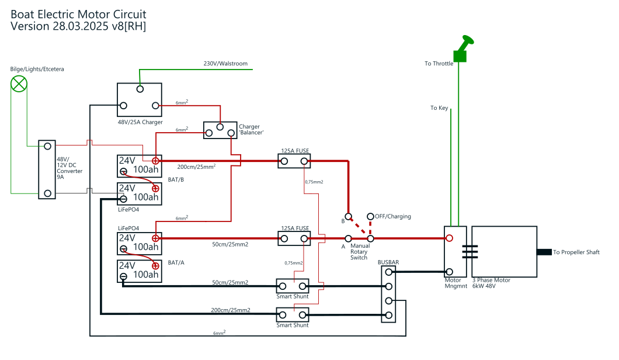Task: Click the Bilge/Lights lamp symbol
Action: (19, 84)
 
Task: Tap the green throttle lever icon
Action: (462, 50)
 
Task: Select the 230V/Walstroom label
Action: (225, 64)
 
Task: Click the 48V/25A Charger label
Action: (140, 122)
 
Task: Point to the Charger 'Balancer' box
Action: (220, 130)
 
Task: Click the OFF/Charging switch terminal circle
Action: (370, 217)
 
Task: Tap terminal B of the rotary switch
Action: (348, 217)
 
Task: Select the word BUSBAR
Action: (388, 262)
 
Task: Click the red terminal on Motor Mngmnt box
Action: (449, 238)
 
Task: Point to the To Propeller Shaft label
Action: (576, 252)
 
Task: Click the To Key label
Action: (439, 108)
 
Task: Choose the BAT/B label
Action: (176, 179)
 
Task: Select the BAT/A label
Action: (176, 262)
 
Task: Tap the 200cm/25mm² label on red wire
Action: (196, 167)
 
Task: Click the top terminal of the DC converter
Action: (47, 146)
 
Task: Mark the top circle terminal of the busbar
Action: (388, 272)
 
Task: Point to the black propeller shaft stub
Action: (544, 252)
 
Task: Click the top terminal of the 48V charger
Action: (140, 89)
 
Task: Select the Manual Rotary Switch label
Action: (360, 252)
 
